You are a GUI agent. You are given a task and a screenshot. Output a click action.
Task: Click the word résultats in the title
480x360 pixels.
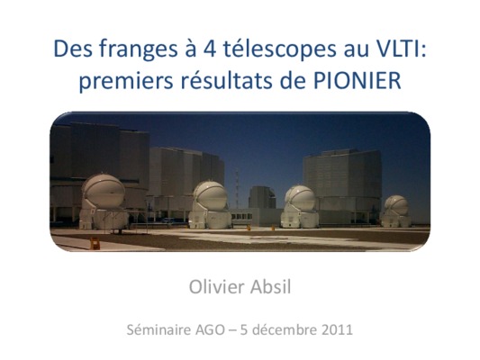tap(227, 80)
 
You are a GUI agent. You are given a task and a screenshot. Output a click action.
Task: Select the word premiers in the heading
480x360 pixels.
tap(126, 81)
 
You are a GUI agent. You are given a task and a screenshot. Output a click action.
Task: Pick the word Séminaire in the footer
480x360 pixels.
tap(158, 330)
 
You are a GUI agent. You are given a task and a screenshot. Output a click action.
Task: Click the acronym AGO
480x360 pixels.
tap(210, 330)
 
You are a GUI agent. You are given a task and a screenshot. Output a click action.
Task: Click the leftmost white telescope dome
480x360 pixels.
tap(104, 202)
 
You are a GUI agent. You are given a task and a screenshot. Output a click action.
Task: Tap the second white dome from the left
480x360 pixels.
tap(210, 205)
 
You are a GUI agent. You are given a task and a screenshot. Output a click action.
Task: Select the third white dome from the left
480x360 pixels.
tap(300, 206)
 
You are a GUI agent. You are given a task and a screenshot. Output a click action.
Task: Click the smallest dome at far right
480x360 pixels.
tap(396, 211)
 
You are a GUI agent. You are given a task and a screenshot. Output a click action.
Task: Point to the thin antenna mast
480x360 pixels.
tap(237, 188)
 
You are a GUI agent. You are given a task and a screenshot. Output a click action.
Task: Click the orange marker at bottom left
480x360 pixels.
tap(95, 244)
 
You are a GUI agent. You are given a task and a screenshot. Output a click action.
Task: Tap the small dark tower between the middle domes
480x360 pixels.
tap(262, 197)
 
